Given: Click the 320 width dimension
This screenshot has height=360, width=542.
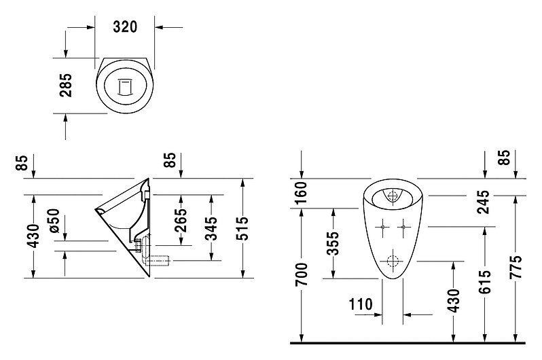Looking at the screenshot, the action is [125, 26].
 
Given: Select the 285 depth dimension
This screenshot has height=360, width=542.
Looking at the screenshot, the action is [66, 85].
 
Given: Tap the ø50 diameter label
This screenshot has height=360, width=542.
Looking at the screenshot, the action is [54, 221].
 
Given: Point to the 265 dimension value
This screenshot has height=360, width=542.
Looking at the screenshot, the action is [180, 220].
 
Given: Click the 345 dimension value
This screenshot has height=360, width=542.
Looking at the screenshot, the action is [211, 228].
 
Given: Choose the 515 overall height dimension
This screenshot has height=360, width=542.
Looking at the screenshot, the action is [243, 228].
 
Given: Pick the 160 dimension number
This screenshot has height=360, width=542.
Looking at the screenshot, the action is [302, 194].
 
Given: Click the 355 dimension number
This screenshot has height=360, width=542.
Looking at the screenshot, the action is [333, 243].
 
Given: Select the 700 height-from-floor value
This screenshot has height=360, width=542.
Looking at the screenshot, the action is [302, 274].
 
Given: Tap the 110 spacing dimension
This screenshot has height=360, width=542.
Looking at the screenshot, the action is [361, 305].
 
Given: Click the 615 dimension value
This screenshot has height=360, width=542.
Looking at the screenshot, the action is [485, 282].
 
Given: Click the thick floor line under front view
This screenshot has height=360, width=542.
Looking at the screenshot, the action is [408, 343].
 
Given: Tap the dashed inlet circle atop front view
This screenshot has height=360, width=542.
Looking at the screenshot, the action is [393, 196].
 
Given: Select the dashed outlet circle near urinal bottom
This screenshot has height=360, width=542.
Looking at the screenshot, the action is [393, 261].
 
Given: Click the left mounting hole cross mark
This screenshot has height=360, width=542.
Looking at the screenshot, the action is [382, 227].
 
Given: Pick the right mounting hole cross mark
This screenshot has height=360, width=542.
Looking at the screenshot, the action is [403, 227].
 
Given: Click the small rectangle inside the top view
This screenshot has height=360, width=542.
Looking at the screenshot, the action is [125, 87].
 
